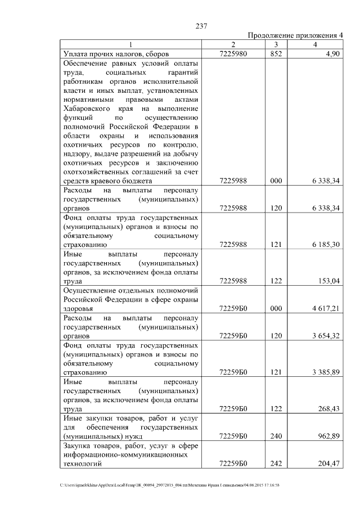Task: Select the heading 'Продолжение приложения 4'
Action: click(x=295, y=35)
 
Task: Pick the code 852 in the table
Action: click(x=276, y=54)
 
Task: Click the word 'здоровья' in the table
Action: click(x=78, y=309)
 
